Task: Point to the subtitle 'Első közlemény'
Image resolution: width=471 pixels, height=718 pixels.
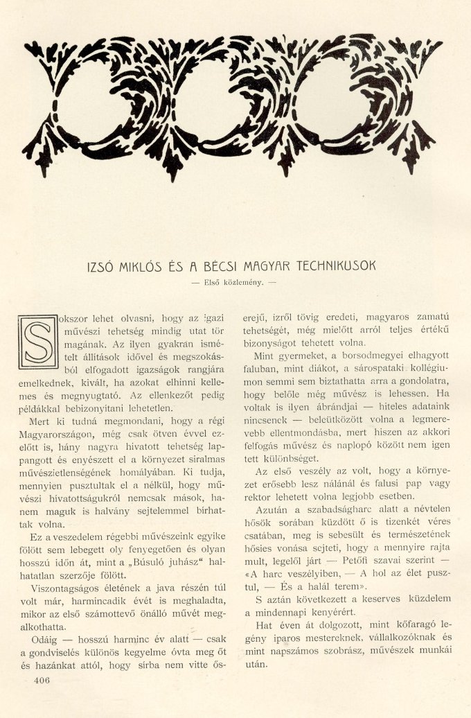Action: click(x=235, y=283)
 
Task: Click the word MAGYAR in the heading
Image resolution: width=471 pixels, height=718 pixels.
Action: click(x=260, y=266)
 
